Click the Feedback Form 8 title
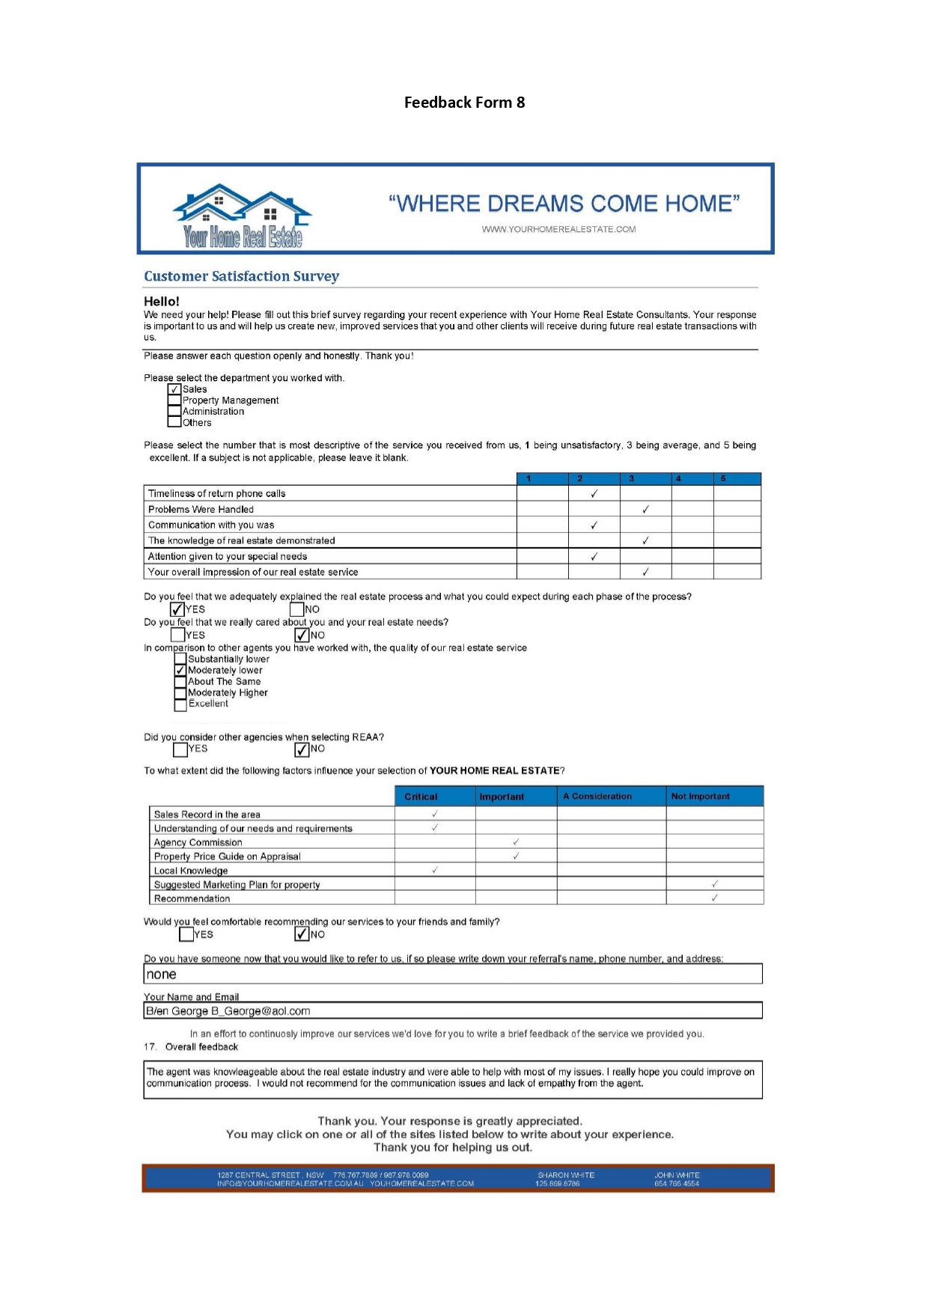coord(464,103)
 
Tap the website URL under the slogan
coord(558,229)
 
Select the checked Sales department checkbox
coord(174,389)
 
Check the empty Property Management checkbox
coord(174,400)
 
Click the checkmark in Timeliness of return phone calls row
coord(594,493)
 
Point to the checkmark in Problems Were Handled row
coord(645,509)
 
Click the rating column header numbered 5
coord(723,478)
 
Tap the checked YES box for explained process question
coord(177,609)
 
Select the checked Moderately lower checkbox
coord(180,671)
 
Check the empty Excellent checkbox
coord(180,704)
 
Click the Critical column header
coord(421,796)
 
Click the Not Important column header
coord(700,796)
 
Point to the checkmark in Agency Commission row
coord(516,842)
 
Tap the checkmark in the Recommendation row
coord(714,898)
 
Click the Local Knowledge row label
coord(191,871)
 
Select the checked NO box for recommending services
coord(302,934)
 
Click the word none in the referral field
coord(162,975)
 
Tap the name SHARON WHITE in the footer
coord(566,1175)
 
